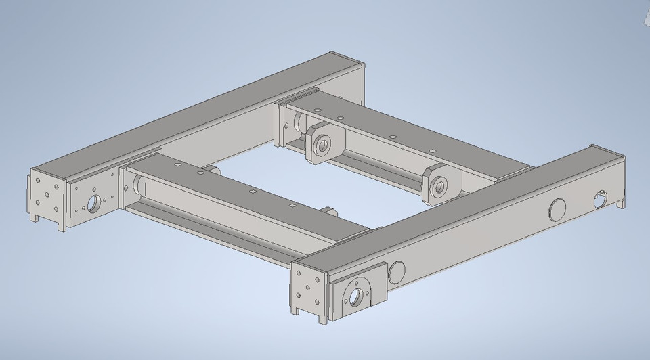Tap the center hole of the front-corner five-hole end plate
(x=308, y=287)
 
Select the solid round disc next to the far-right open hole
(x=557, y=209)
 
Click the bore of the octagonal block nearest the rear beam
(x=322, y=143)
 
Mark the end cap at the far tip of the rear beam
(x=357, y=68)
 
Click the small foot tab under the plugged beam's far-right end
(x=622, y=202)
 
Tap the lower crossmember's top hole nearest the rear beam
(x=175, y=164)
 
